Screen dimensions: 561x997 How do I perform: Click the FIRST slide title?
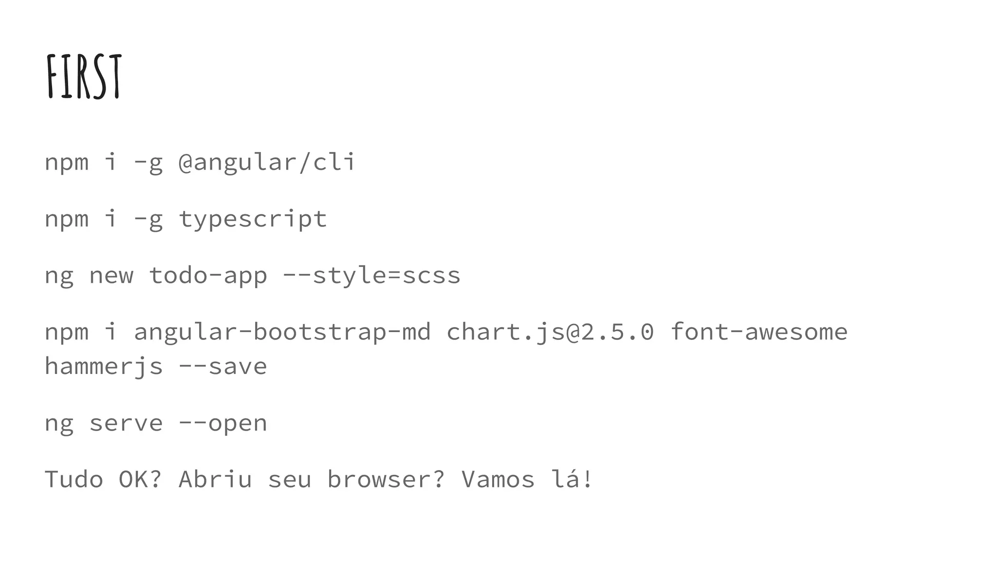[84, 76]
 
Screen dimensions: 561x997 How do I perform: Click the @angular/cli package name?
[267, 162]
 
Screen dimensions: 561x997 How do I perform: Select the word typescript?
[253, 219]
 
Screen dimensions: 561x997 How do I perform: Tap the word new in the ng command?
[111, 276]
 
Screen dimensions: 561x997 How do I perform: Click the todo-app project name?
[208, 276]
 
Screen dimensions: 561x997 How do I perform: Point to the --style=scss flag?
[371, 276]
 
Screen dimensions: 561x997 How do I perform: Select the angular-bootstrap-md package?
[282, 332]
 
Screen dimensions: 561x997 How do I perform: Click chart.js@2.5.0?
[550, 332]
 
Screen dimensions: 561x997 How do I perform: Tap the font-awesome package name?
[759, 332]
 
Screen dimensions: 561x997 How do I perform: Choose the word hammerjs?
[104, 367]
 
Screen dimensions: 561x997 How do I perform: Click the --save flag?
[223, 367]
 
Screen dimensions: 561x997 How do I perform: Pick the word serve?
[126, 423]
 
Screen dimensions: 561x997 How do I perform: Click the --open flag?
[223, 423]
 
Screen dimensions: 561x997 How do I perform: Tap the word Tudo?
[74, 479]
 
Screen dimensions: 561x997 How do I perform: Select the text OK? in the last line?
[140, 479]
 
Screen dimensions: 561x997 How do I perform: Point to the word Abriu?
[215, 479]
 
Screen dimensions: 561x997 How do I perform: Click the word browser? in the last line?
[386, 479]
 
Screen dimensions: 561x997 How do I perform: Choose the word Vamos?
[498, 479]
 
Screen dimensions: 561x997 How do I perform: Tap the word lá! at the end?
[572, 479]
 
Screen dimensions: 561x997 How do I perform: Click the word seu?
[290, 479]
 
